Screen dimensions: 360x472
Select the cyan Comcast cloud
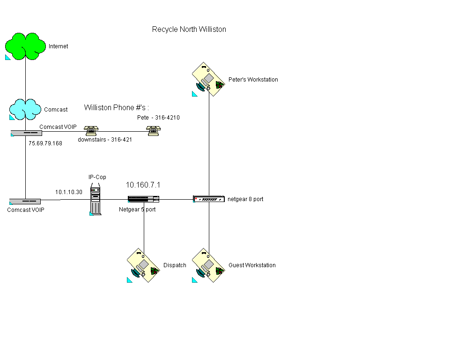[x=25, y=109]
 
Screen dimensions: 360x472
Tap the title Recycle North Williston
[x=189, y=30]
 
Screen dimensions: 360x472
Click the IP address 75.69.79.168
[x=45, y=143]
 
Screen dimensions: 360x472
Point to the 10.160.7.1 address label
[x=143, y=185]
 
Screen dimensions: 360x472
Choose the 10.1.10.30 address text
[x=68, y=192]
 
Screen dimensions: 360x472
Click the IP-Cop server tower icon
[x=96, y=201]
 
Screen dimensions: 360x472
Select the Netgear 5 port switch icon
[x=141, y=199]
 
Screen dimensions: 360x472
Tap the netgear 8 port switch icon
[x=208, y=199]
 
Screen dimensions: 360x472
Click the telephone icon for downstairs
[x=90, y=130]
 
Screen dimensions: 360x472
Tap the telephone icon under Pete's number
[x=152, y=130]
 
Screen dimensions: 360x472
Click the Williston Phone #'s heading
[x=117, y=108]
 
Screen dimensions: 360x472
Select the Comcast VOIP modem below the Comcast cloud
[x=26, y=133]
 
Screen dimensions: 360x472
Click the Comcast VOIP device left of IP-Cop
[x=25, y=202]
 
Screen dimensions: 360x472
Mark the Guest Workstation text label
[x=252, y=265]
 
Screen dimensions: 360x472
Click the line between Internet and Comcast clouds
[x=25, y=80]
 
